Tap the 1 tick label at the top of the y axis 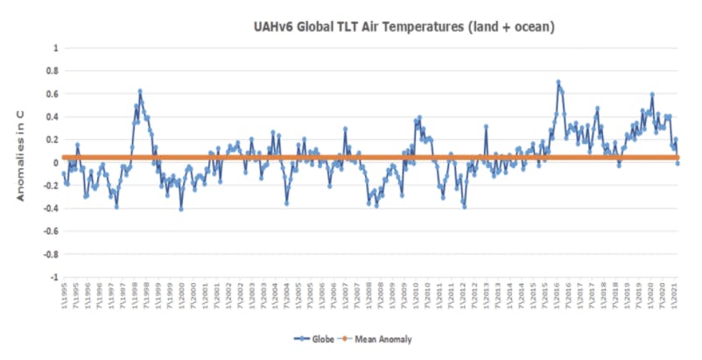(56, 48)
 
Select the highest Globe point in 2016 (558, 82)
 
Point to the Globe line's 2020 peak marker (652, 95)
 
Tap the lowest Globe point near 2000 (181, 209)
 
